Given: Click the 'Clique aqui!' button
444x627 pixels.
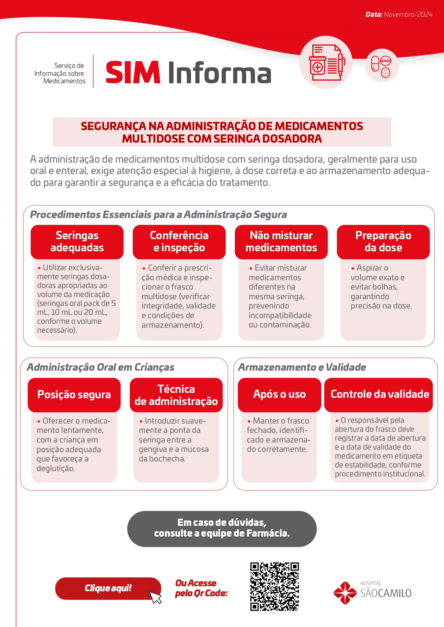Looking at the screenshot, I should pyautogui.click(x=107, y=588).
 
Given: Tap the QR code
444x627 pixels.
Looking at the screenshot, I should pyautogui.click(x=274, y=587).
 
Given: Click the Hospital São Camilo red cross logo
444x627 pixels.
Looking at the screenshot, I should pyautogui.click(x=345, y=593).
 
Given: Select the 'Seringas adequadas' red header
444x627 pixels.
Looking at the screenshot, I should pyautogui.click(x=77, y=242).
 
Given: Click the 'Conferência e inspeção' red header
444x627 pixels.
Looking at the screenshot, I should pyautogui.click(x=179, y=242).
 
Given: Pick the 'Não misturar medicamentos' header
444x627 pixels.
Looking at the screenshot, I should pyautogui.click(x=281, y=242).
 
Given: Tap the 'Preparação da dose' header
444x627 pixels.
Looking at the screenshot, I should pyautogui.click(x=383, y=242).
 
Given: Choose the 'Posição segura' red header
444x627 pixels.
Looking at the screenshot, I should pyautogui.click(x=74, y=395).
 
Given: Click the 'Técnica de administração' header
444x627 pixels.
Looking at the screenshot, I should pyautogui.click(x=176, y=395).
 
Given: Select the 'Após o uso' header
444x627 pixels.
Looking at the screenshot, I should pyautogui.click(x=279, y=394).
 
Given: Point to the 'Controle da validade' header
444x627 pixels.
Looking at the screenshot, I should pyautogui.click(x=380, y=394).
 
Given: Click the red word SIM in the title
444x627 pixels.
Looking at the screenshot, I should pyautogui.click(x=133, y=73).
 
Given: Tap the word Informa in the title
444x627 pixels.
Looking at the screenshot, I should pyautogui.click(x=219, y=73).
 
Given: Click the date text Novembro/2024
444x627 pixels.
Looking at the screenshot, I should pyautogui.click(x=408, y=15).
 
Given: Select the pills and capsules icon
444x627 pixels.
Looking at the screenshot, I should pyautogui.click(x=382, y=65).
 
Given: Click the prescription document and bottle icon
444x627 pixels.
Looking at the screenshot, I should pyautogui.click(x=326, y=62).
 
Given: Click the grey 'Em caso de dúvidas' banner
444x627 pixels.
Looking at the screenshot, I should pyautogui.click(x=222, y=528).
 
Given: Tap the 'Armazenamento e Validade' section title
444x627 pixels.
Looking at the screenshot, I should pyautogui.click(x=302, y=367).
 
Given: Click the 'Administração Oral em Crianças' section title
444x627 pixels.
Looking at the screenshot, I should pyautogui.click(x=101, y=367).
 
